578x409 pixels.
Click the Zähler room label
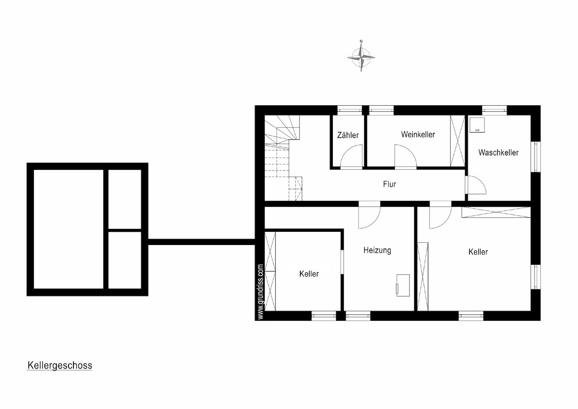click(x=348, y=135)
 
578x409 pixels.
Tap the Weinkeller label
click(x=418, y=134)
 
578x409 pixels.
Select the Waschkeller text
click(x=498, y=153)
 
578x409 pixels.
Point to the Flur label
click(x=389, y=184)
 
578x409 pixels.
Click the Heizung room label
click(x=377, y=250)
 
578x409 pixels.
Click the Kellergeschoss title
click(x=60, y=365)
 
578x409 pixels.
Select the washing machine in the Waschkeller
click(x=477, y=125)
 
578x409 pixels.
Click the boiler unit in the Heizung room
click(x=403, y=285)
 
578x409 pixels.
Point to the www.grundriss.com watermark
click(x=260, y=292)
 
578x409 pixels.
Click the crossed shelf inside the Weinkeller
click(x=457, y=141)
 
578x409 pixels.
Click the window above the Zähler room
click(x=350, y=110)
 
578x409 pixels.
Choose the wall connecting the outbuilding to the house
click(x=202, y=242)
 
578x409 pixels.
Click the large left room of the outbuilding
click(x=68, y=229)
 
